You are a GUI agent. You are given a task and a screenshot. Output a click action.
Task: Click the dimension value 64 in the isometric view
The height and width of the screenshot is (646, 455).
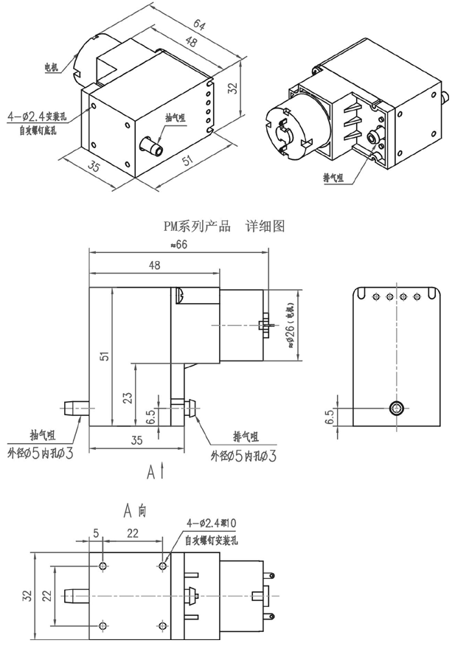coord(200,27)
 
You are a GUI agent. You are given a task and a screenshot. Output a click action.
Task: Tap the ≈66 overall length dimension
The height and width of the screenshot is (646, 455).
coord(178,245)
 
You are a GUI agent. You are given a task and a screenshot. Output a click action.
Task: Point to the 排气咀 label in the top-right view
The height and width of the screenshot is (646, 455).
coord(336,178)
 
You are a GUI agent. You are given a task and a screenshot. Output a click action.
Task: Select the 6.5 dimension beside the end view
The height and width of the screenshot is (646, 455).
coord(330,417)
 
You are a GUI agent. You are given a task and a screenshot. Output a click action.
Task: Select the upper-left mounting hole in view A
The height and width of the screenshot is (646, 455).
coord(103,566)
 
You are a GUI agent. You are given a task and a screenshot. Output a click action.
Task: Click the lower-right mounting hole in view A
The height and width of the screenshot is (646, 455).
coord(162,626)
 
